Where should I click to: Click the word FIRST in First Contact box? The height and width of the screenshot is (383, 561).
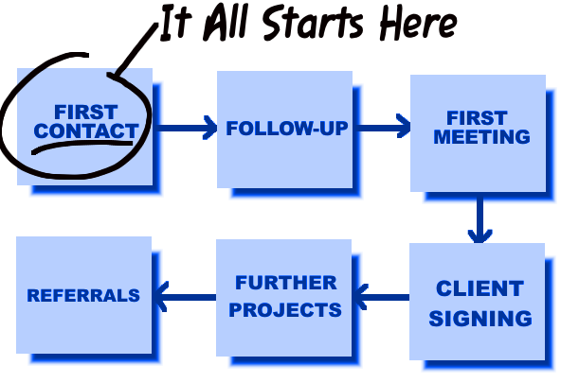pos(86,113)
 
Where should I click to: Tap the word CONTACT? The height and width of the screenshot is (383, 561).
pos(86,131)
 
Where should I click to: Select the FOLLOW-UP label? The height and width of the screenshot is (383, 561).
pos(287,129)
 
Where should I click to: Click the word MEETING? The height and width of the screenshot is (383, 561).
pos(481,136)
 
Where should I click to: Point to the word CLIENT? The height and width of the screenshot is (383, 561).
pos(480,288)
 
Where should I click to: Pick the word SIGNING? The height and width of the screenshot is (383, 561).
pos(480,318)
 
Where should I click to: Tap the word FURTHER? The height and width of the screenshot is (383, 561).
pos(286,283)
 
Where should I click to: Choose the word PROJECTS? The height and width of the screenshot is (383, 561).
pos(285,309)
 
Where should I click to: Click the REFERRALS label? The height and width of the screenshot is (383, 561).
pos(83,295)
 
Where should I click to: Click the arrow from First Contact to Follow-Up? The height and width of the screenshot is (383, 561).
pos(187,128)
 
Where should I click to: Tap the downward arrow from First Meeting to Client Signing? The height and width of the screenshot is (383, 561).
pos(480,220)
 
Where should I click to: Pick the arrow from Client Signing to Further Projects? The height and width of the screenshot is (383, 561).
pos(381,297)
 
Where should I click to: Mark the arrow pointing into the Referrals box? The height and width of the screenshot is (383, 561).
pos(184,297)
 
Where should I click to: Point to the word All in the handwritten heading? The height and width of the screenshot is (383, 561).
pos(226,22)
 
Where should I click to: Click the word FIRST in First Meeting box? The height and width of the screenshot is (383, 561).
pos(477,118)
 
